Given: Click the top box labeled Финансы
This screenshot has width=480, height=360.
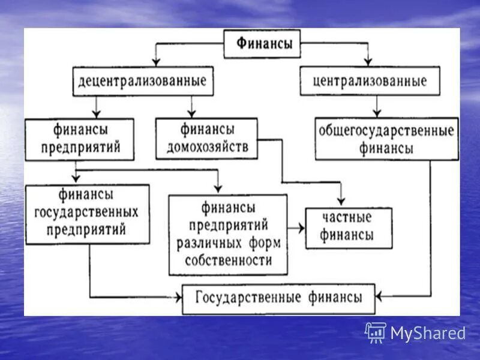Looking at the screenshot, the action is click(262, 44).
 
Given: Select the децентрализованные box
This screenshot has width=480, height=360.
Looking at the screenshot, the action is click(143, 81).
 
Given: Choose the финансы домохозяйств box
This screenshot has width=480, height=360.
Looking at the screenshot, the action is click(206, 138).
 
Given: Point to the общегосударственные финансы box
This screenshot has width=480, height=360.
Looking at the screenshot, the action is click(386, 139).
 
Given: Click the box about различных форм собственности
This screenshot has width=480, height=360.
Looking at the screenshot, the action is click(228, 235).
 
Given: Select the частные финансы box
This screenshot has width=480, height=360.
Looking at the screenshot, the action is click(348, 227).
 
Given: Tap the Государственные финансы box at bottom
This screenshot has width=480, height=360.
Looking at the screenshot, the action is click(278, 298).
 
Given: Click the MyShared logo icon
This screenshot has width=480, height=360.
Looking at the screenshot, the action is click(376, 332).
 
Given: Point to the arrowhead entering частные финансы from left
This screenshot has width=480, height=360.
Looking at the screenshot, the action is click(301, 228).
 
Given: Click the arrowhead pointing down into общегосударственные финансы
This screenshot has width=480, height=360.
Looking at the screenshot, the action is click(376, 114).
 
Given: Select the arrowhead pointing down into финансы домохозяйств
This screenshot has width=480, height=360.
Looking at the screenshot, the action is click(191, 113).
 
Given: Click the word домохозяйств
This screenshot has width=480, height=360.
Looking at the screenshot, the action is click(206, 146).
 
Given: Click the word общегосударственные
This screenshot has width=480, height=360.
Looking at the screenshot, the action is click(386, 131).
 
